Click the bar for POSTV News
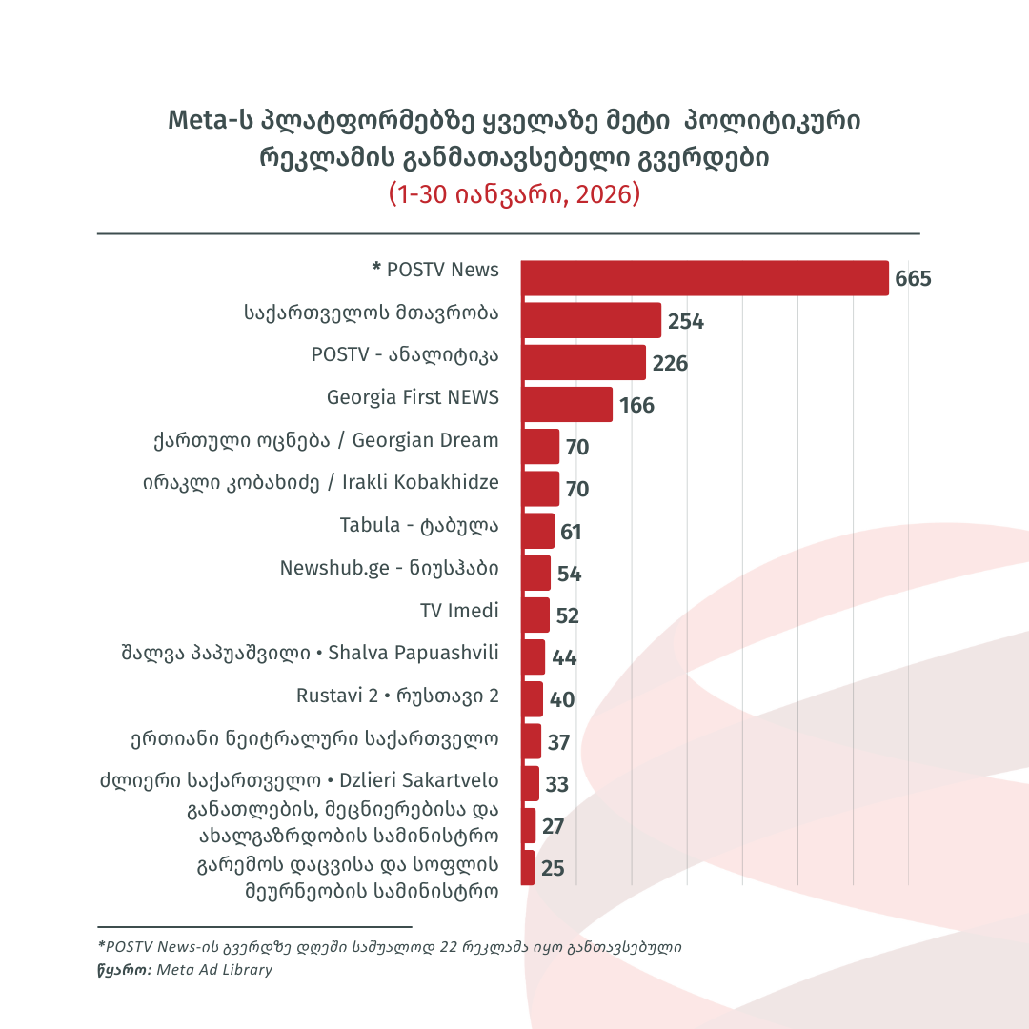click(x=704, y=278)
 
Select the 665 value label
click(x=913, y=279)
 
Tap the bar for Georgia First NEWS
click(x=566, y=404)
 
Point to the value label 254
click(x=685, y=321)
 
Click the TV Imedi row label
click(x=459, y=610)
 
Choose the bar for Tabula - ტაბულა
click(x=537, y=531)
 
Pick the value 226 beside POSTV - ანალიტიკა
click(x=670, y=363)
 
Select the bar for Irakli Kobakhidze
click(x=539, y=489)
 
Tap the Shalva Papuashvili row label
click(x=305, y=653)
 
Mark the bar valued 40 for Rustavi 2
click(x=532, y=698)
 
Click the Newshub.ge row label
click(x=389, y=568)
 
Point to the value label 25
click(x=553, y=868)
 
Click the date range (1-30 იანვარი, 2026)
click(x=514, y=194)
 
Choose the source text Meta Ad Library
click(x=213, y=970)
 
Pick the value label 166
click(x=636, y=405)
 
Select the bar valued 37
click(x=531, y=741)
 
